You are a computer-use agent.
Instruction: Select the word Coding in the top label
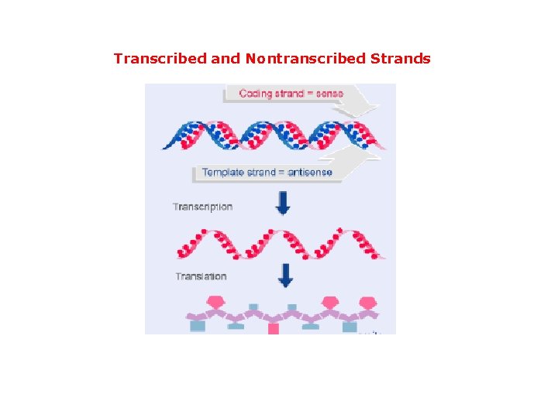(x=255, y=94)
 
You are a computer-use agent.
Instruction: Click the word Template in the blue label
(x=223, y=172)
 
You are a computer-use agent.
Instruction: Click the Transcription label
(x=202, y=207)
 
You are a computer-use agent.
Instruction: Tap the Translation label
(x=201, y=276)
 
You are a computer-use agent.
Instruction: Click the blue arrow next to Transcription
(x=284, y=204)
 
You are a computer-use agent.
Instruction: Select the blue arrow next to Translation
(x=286, y=276)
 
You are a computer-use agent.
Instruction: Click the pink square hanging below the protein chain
(x=273, y=329)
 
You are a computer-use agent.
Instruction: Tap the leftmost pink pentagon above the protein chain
(x=217, y=300)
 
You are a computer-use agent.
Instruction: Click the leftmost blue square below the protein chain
(x=198, y=327)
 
